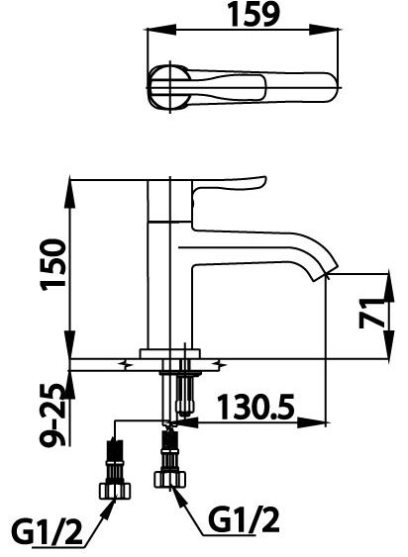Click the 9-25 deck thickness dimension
tap(54, 415)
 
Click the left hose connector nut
tap(116, 487)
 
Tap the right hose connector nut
tap(169, 478)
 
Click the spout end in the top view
tap(328, 86)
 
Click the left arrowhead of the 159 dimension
tap(152, 31)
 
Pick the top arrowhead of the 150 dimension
tap(71, 185)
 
